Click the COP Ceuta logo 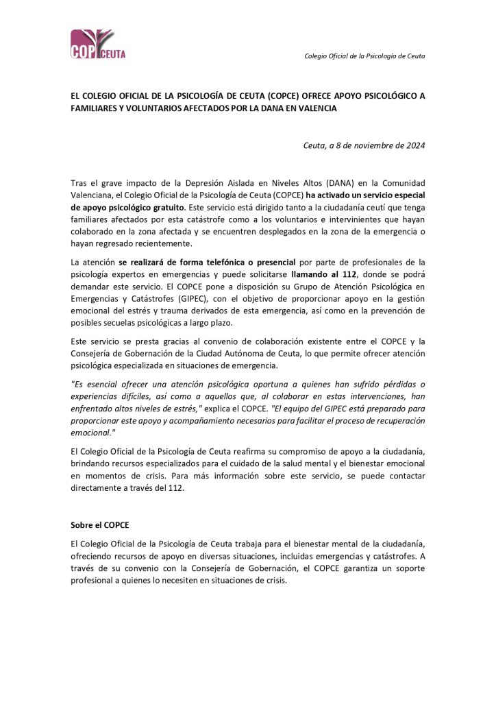point(98,45)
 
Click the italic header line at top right point(364,56)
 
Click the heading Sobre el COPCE point(99,525)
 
